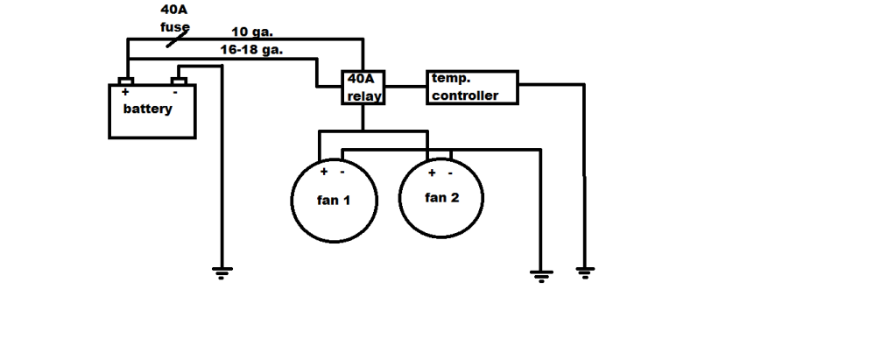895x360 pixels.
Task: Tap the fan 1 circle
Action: (292, 201)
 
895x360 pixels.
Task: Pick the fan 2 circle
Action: (399, 198)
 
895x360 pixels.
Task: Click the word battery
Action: (147, 109)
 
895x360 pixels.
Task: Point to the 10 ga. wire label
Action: (252, 32)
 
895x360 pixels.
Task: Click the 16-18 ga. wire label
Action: (251, 50)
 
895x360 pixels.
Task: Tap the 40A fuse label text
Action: (174, 18)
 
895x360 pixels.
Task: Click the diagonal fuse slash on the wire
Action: (177, 39)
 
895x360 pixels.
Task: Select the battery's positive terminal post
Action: (125, 81)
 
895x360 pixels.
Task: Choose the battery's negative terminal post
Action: (179, 81)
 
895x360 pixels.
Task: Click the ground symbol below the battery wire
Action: (222, 272)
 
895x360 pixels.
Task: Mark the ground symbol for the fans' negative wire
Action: (541, 276)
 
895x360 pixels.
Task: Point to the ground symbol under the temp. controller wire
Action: (584, 272)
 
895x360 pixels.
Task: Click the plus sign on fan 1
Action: (324, 172)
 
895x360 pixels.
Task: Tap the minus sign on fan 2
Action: (450, 173)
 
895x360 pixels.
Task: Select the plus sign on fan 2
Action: (432, 173)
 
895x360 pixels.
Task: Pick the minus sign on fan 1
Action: (342, 172)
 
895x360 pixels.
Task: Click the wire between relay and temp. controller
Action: (405, 87)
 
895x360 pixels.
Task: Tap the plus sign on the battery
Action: (125, 91)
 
